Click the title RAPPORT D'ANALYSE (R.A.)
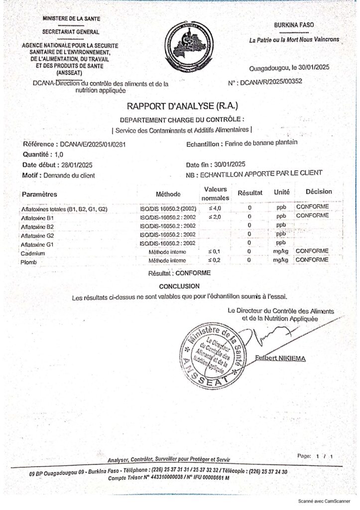pyautogui.click(x=183, y=106)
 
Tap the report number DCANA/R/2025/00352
pyautogui.click(x=271, y=82)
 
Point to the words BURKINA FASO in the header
pyautogui.click(x=294, y=25)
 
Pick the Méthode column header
pyautogui.click(x=168, y=194)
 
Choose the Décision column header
pyautogui.click(x=319, y=192)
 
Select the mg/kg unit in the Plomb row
pyautogui.click(x=281, y=260)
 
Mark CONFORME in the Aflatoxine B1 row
pyautogui.click(x=312, y=216)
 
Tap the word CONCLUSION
pyautogui.click(x=179, y=286)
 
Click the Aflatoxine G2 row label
pyautogui.click(x=37, y=235)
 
